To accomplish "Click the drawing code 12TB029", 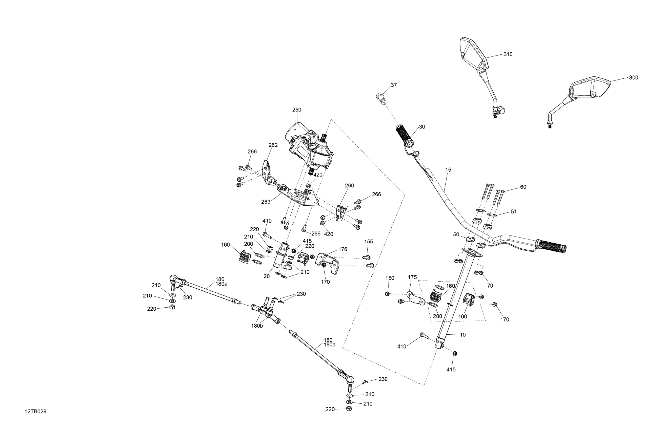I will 35,412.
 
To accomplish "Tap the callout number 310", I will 508,54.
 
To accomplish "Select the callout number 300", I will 633,78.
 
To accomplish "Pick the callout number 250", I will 297,110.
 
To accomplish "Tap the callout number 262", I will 273,145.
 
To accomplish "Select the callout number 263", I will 266,202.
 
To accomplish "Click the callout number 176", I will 343,249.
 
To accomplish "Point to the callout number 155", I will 369,242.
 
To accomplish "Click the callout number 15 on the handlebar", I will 448,170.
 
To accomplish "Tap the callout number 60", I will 523,187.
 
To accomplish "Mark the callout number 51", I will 514,212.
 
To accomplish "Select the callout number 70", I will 490,286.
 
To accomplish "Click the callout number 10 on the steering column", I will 463,335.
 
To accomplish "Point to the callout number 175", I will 412,277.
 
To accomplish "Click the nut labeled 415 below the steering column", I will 455,354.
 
